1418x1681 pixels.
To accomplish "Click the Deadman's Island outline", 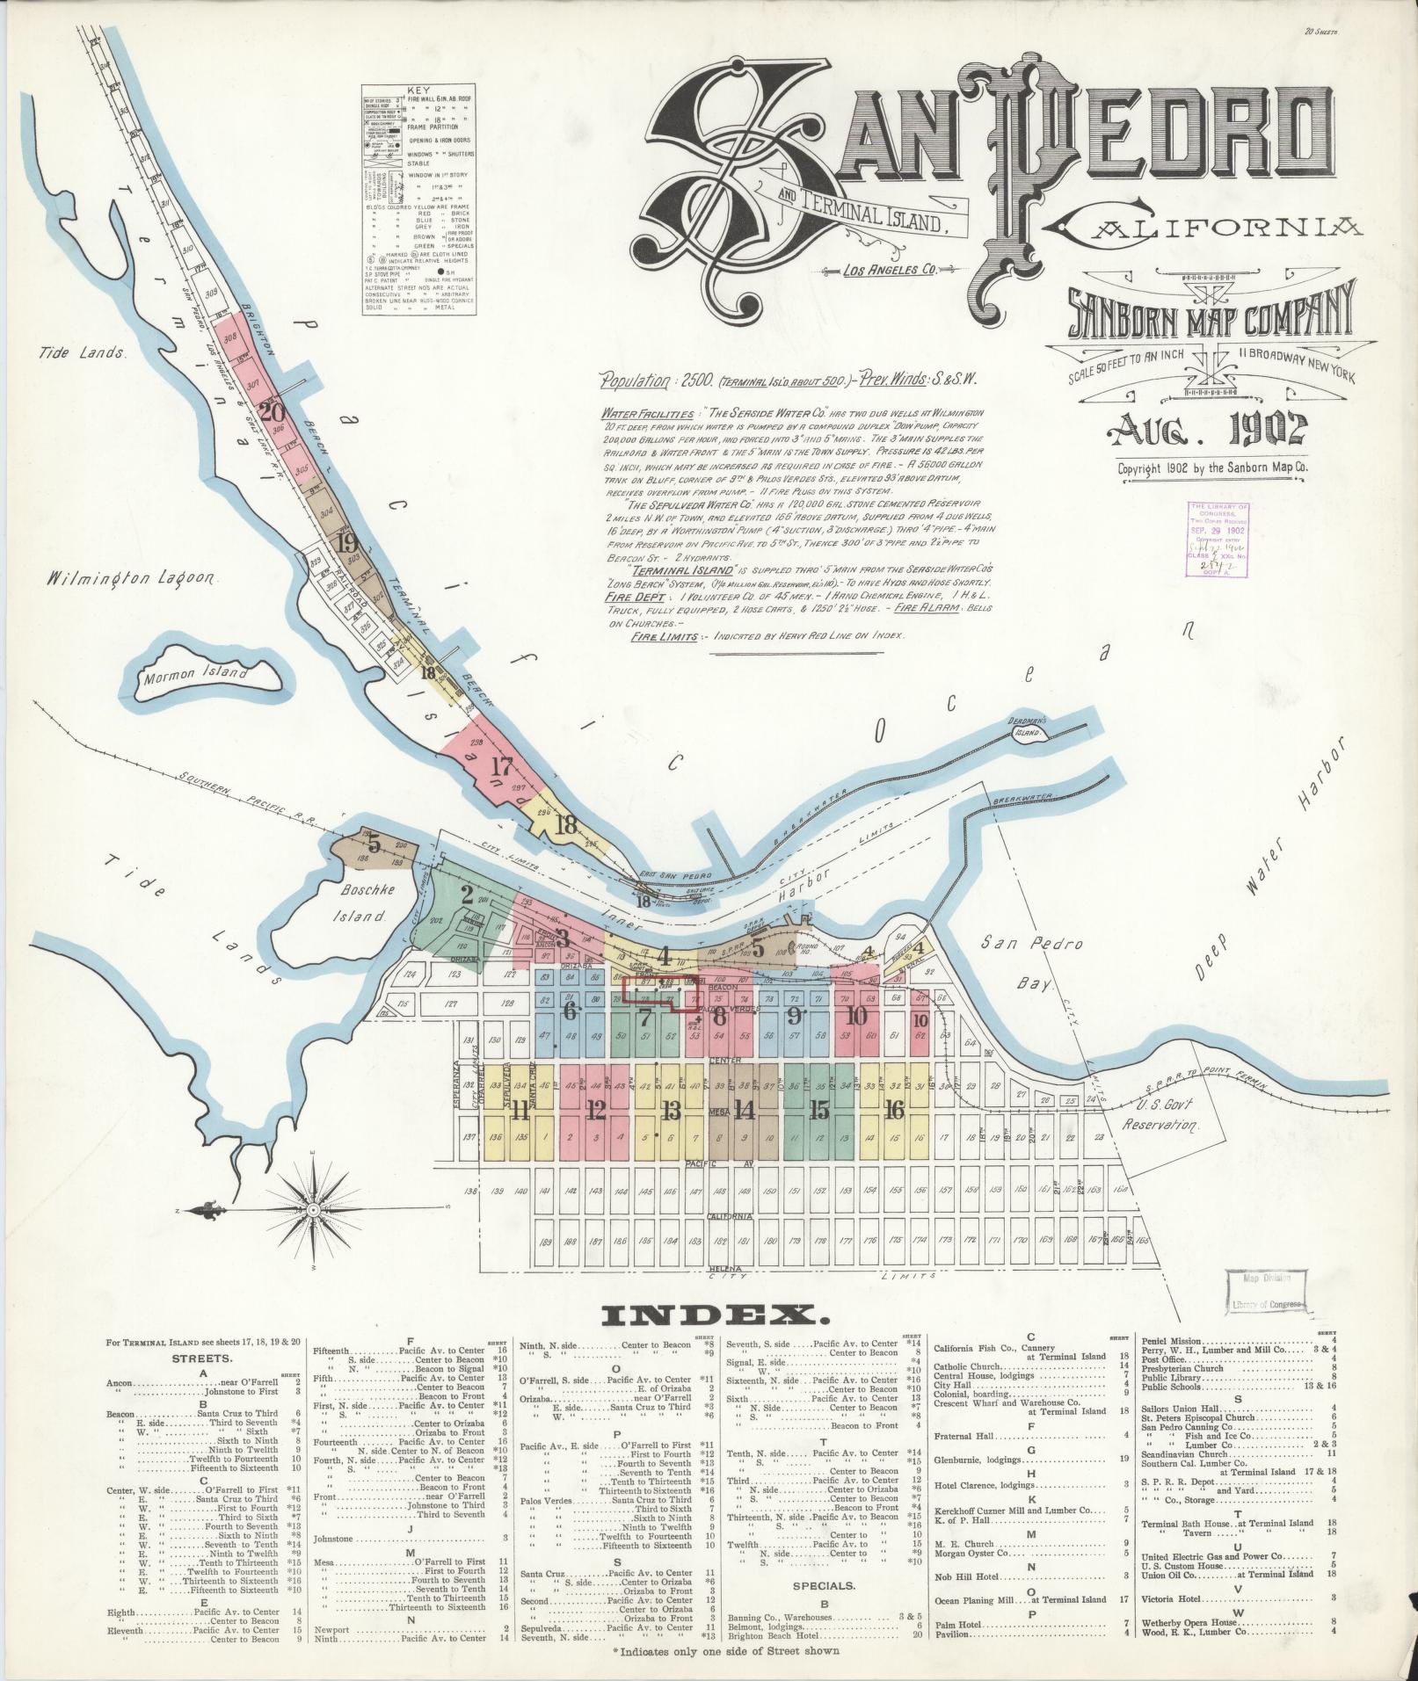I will (x=1027, y=731).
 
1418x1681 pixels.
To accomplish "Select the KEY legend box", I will (x=419, y=200).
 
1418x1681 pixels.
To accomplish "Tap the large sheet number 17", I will (x=501, y=766).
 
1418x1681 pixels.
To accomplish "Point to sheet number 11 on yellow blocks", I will (x=520, y=1111).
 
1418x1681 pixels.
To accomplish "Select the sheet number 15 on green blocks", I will (x=818, y=1111).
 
